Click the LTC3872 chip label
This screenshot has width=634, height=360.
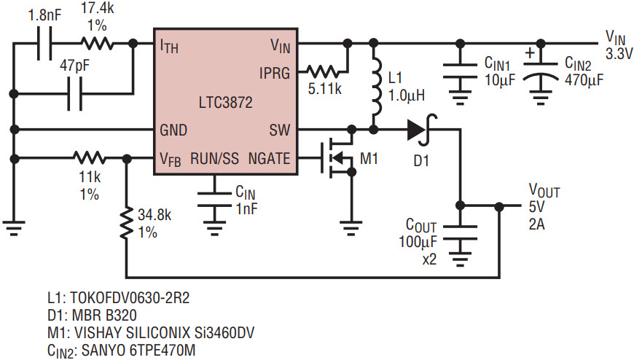pos(225,102)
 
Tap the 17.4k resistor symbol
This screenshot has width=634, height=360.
pos(97,43)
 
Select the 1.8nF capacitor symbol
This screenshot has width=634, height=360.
pos(44,43)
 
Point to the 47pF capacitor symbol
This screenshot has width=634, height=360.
pos(75,94)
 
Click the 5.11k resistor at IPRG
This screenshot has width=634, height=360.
pos(323,72)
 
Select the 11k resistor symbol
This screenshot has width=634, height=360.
pos(90,157)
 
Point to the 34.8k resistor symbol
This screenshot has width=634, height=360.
pos(127,223)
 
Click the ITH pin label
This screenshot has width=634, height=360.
pos(169,46)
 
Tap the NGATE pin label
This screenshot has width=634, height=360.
pos(269,158)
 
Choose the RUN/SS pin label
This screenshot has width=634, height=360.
pos(214,158)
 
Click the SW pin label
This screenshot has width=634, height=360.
pos(280,130)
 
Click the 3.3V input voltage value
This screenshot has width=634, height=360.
pos(619,53)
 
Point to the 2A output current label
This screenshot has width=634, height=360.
pos(536,224)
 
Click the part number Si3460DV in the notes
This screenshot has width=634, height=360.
pos(224,332)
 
